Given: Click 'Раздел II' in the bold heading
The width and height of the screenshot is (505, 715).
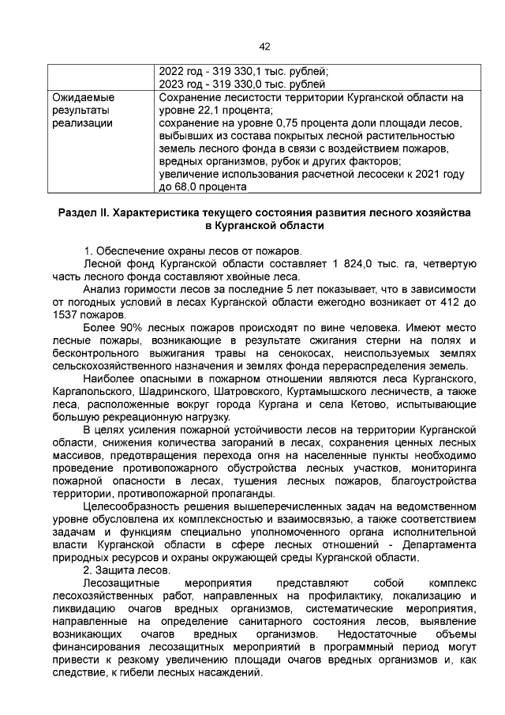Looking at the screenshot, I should pyautogui.click(x=84, y=213).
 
